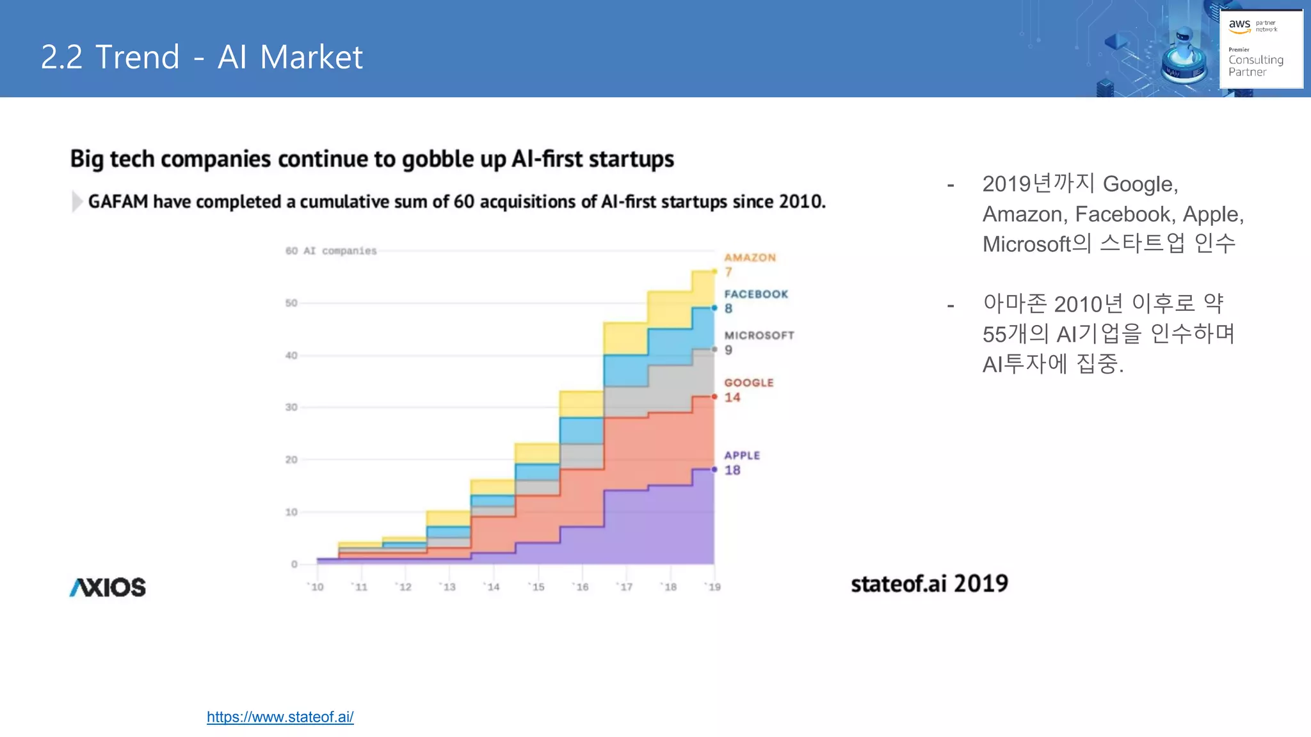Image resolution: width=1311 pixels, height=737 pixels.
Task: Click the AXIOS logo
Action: coord(108,587)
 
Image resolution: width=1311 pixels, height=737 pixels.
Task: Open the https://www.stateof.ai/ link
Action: coord(280,717)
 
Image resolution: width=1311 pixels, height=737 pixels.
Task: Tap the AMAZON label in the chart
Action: coord(750,258)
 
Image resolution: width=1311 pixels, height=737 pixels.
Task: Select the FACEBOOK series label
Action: coord(756,294)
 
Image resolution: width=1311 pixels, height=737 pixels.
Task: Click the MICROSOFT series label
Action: coord(759,335)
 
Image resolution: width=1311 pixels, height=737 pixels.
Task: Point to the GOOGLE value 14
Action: coord(732,397)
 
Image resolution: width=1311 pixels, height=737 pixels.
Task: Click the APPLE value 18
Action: coord(732,470)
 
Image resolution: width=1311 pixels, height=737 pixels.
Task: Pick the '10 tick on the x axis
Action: coord(317,587)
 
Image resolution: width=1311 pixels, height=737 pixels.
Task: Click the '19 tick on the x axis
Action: coord(714,587)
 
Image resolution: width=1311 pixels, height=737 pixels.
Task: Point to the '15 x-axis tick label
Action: coord(538,587)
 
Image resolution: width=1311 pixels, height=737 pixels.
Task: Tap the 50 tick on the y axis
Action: coord(291,303)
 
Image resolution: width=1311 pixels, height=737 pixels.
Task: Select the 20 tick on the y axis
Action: coord(291,459)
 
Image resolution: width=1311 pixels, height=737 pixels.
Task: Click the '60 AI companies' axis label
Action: coord(331,251)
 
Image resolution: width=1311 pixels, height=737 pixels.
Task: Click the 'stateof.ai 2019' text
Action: coord(929,583)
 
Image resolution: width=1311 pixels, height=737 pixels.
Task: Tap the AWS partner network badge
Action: coord(1260,49)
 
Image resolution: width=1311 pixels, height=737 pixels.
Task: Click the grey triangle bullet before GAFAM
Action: coord(77,202)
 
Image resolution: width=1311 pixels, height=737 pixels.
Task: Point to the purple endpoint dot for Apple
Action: coord(714,470)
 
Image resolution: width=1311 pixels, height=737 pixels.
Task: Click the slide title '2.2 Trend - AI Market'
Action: coord(202,57)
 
